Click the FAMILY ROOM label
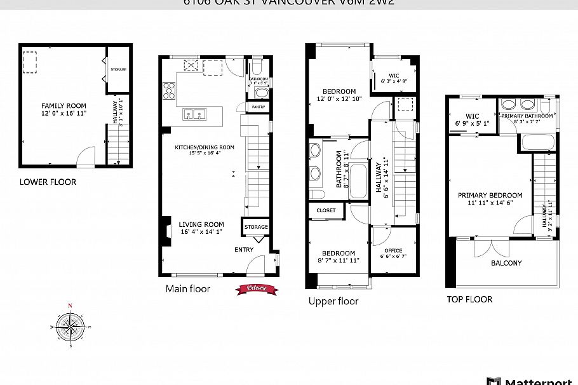(64, 106)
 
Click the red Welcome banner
(257, 289)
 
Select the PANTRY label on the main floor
(259, 107)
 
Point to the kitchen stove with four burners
(170, 92)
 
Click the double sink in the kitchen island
(196, 114)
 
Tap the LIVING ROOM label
(201, 224)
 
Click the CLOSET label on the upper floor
(326, 210)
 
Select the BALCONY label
(506, 263)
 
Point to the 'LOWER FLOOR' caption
(48, 182)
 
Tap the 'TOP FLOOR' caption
(469, 299)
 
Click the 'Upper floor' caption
(333, 301)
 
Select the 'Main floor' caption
(188, 289)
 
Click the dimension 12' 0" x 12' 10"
(339, 99)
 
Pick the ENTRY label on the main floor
(244, 250)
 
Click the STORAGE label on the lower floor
(118, 69)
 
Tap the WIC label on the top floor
(472, 116)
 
